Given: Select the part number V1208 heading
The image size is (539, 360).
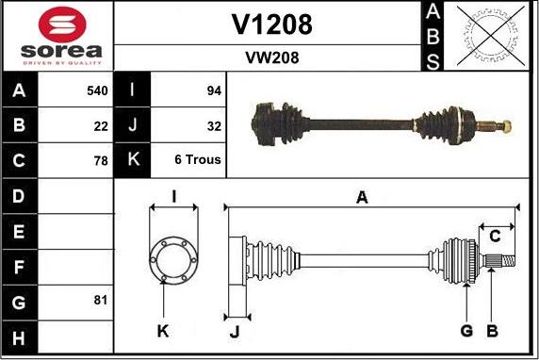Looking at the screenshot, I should (271, 25).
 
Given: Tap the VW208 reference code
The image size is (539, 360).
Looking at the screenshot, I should (271, 57).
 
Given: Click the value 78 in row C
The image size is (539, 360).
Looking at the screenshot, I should (101, 160).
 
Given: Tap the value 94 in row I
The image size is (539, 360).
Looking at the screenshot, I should (213, 91).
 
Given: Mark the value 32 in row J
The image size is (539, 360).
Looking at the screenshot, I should (213, 125).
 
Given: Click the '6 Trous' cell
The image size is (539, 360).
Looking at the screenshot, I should (197, 160).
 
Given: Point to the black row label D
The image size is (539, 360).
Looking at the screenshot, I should (20, 196).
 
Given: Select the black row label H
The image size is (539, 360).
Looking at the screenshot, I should (20, 335).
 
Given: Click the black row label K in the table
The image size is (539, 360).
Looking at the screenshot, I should (133, 160).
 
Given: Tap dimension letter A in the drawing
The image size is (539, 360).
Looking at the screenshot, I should (361, 197).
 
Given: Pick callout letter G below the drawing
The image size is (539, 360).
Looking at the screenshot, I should (466, 331).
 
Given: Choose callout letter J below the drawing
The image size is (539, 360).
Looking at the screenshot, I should (236, 331).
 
